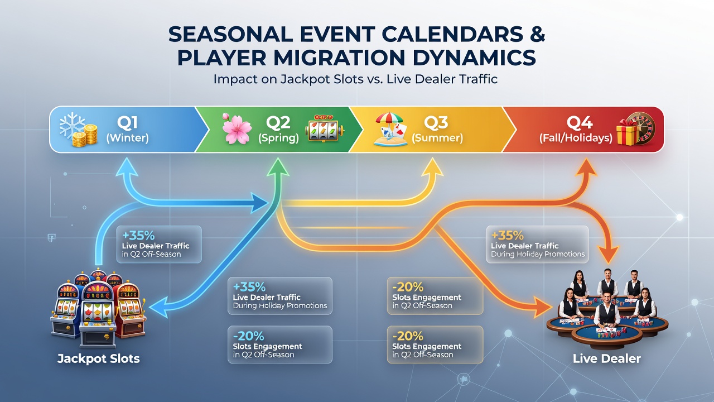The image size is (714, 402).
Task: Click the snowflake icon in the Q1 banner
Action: click(72, 126)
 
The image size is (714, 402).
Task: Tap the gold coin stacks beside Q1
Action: click(85, 136)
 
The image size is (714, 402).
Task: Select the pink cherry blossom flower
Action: click(237, 128)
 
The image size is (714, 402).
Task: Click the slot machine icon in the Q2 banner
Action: click(325, 128)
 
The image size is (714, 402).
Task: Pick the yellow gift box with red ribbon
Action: click(627, 135)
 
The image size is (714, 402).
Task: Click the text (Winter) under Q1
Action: click(128, 138)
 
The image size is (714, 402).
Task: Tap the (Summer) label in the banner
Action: click(437, 138)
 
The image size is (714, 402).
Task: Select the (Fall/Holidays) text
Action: click(576, 138)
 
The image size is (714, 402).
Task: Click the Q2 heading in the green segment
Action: click(278, 122)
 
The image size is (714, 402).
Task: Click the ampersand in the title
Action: click(537, 35)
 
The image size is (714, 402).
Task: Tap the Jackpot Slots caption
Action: click(99, 358)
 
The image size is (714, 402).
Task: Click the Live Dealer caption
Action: click(606, 358)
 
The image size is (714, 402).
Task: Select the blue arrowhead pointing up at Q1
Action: click(127, 167)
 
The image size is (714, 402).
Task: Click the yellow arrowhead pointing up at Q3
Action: click(432, 167)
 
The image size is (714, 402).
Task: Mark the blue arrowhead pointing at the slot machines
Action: click(159, 307)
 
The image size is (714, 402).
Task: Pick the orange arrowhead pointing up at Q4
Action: click(586, 167)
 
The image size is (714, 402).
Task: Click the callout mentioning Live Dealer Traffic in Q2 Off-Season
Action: click(159, 245)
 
